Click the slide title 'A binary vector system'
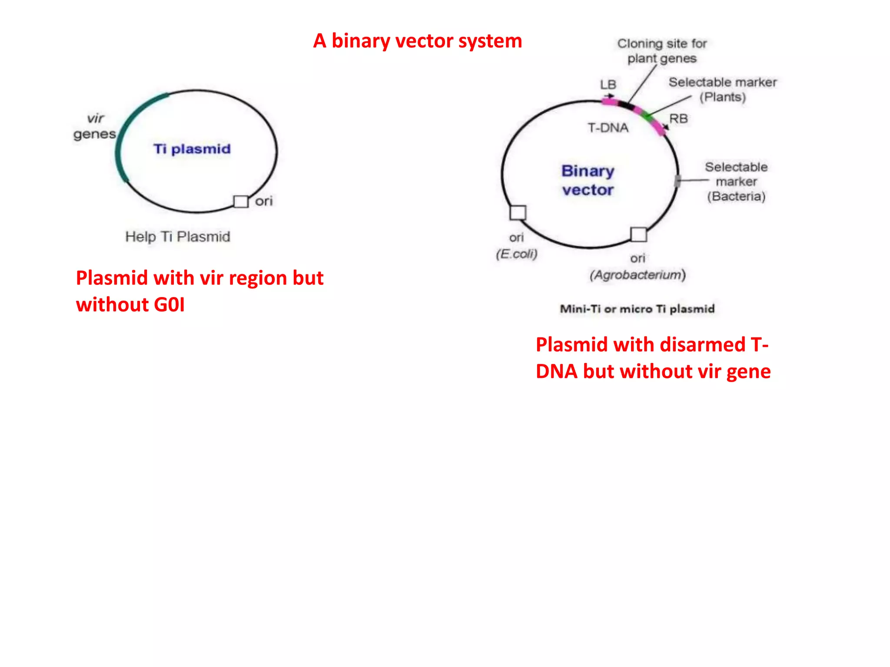(x=417, y=41)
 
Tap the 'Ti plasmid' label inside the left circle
(x=192, y=149)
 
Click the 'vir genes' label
(x=95, y=126)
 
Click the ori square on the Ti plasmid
(x=240, y=201)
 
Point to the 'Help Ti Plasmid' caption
(x=177, y=237)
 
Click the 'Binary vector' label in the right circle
(x=588, y=180)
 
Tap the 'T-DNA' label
(x=608, y=128)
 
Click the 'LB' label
(x=608, y=84)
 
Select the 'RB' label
(x=678, y=119)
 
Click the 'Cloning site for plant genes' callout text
(x=662, y=51)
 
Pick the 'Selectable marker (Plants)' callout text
(x=722, y=89)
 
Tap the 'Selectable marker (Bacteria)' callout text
(x=736, y=182)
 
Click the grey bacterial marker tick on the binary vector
(x=677, y=181)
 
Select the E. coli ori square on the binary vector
(x=518, y=213)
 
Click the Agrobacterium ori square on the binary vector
(x=638, y=234)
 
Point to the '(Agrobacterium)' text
(x=637, y=275)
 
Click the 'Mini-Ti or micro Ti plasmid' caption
(x=637, y=309)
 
